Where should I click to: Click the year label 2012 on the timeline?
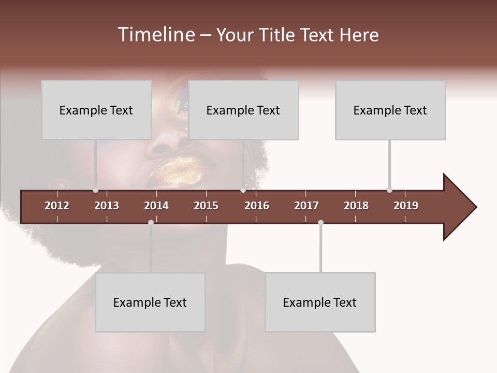coord(57,206)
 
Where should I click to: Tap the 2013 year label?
coord(107,206)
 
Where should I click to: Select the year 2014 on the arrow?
coord(156,206)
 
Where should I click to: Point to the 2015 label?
coord(206,206)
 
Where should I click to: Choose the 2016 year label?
coord(257,206)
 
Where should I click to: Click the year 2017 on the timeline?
coord(306,206)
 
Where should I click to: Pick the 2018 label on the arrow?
coord(356,206)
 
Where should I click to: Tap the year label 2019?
coord(406,206)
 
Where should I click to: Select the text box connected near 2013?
coord(96,110)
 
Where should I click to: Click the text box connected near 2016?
coord(243,110)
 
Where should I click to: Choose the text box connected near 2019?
coord(390,110)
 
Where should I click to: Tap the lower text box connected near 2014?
coord(150,302)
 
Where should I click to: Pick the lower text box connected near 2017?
coord(320,302)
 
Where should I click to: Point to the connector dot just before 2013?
coord(95,190)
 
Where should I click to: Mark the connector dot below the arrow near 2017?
coord(320,222)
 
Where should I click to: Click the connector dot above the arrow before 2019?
coord(389,190)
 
